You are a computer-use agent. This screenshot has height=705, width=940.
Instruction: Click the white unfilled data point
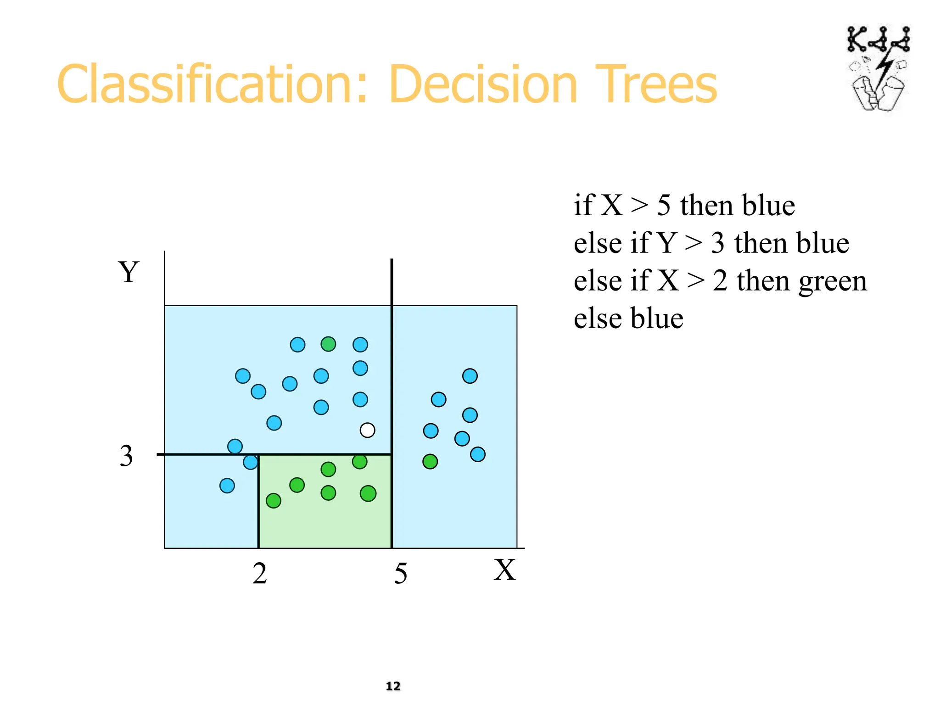367,430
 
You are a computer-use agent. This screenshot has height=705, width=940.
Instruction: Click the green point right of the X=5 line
430,461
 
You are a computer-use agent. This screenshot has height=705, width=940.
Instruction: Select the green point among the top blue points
328,344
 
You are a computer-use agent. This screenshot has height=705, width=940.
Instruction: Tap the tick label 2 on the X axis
260,574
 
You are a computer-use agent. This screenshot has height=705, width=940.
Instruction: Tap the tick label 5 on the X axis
400,574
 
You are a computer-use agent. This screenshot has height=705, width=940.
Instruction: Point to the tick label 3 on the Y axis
126,456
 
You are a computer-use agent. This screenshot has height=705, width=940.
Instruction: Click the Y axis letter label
129,272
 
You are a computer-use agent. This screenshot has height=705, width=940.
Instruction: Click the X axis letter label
504,571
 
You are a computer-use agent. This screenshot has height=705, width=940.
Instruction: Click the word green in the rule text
833,281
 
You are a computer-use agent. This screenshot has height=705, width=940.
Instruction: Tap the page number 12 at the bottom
393,686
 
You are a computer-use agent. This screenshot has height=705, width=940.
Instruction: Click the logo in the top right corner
878,69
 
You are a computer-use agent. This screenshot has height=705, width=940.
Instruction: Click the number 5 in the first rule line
664,205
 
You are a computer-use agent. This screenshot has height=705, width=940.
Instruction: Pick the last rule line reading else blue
628,319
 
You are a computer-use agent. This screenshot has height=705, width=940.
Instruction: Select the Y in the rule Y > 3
666,243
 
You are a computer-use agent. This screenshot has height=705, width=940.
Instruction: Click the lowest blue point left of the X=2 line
227,485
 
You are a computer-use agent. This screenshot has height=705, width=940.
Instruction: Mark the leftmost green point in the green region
274,500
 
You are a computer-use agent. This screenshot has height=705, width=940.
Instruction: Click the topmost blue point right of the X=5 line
470,376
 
